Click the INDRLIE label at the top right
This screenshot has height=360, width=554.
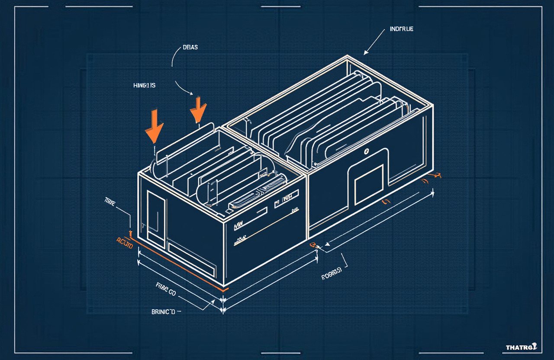401,29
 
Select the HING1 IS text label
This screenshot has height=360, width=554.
145,86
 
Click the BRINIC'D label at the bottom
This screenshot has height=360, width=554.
164,312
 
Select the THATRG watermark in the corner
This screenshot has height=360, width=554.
521,347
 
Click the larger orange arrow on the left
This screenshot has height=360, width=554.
155,127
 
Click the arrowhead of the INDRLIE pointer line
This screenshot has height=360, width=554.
365,53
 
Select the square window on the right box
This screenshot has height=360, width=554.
369,184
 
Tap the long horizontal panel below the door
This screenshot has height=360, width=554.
191,258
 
